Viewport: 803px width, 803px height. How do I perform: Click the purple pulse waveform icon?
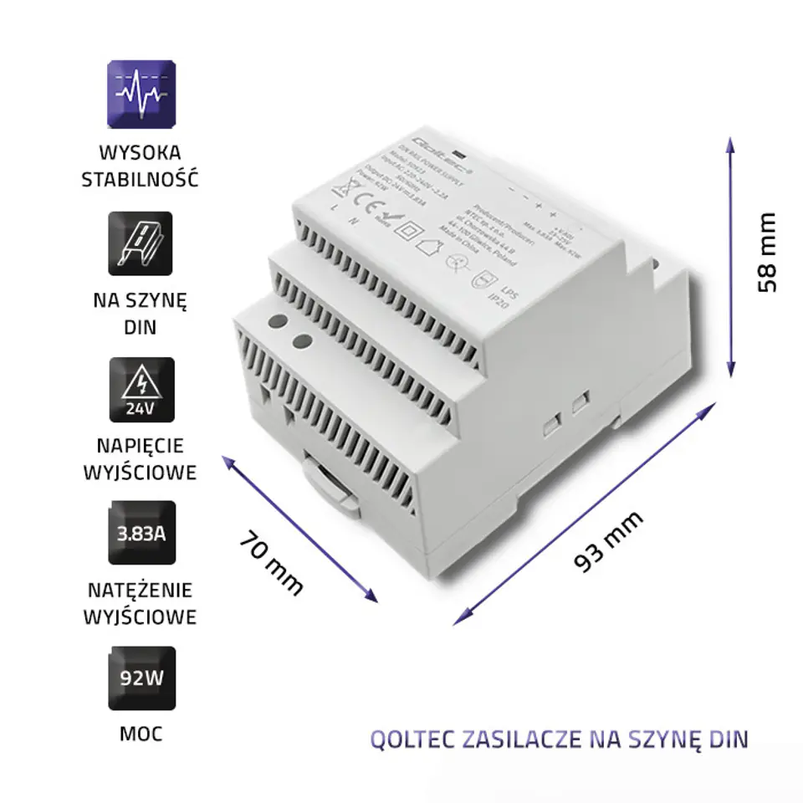coord(141,92)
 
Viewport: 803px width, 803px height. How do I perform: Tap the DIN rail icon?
coord(141,243)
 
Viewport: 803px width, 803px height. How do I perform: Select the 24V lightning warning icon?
coord(141,389)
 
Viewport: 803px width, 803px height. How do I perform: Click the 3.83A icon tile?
coord(141,533)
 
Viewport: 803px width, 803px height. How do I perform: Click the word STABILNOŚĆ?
coord(141,179)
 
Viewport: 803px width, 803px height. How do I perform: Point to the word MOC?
coord(141,734)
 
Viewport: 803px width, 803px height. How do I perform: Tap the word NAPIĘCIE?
coord(141,445)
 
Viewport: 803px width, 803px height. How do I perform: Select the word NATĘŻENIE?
coord(141,591)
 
